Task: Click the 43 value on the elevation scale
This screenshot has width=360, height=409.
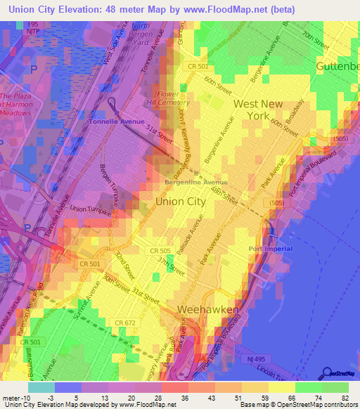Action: pos(203,397)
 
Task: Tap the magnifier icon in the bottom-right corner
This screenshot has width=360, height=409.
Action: pos(326,374)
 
